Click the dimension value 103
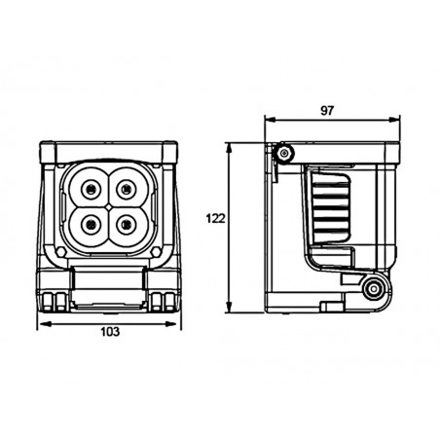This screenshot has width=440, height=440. coord(110,332)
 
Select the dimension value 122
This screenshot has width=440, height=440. coord(215,219)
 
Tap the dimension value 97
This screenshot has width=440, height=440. coord(327,111)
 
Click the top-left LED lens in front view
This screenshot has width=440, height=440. coord(92,189)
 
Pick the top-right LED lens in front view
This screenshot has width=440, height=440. coord(127,189)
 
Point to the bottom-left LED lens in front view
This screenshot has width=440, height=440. coord(92,224)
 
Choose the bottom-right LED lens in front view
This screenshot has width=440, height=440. coord(127,224)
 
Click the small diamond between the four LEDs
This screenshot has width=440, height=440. coord(109,206)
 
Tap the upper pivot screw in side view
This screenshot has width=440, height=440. coord(284,153)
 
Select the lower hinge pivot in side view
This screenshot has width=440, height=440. coord(373,288)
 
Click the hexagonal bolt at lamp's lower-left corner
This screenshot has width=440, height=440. coord(60,251)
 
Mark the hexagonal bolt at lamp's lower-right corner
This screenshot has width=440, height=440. coord(156,251)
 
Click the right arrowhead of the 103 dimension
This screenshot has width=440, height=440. coord(170,323)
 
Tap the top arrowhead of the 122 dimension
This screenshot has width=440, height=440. coord(230,149)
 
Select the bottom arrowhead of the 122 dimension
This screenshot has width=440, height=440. coord(230,307)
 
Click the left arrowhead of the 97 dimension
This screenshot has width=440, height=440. coord(271,120)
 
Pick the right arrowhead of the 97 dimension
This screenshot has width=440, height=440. coord(393,120)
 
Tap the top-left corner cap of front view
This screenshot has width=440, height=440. coord(48,153)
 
